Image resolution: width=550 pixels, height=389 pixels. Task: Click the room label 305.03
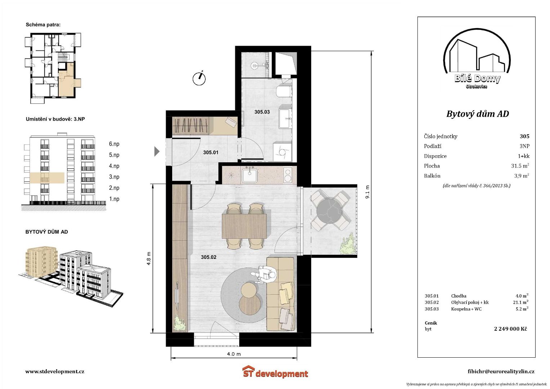pos(262,112)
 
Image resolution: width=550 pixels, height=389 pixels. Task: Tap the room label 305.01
pos(211,152)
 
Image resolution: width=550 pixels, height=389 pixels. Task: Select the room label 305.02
pos(209,257)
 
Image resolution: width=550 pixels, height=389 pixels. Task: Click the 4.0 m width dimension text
pos(234,354)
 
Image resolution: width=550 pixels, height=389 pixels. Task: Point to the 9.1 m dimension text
pos(367,192)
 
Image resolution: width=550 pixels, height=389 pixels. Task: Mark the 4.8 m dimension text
pos(148,258)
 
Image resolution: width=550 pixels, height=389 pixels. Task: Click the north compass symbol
pos(199,78)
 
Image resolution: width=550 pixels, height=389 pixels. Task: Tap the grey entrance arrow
pos(157,151)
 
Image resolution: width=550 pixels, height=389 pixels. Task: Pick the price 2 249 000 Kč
pos(510,329)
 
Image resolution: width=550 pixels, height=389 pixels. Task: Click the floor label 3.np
pos(114,177)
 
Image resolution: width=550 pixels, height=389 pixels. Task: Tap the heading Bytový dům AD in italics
pos(477,114)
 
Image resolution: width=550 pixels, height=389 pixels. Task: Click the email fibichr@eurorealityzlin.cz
pos(501,372)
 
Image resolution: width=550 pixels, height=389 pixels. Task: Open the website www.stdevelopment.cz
pos(55,371)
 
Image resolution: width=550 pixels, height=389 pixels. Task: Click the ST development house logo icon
pos(249,371)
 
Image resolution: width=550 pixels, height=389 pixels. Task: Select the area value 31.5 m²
pos(520,166)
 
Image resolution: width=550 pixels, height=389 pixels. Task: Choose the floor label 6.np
pos(114,144)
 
